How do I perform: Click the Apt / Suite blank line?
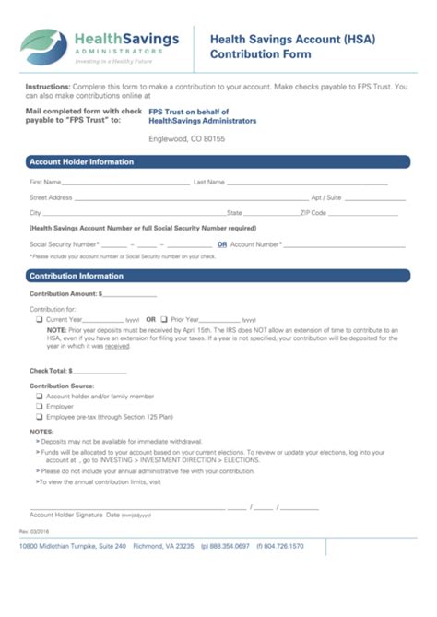tap(374, 199)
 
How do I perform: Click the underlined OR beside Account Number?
tap(222, 244)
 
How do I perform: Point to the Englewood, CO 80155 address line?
tap(187, 138)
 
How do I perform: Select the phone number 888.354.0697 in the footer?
tap(230, 546)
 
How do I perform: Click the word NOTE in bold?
tap(56, 329)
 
